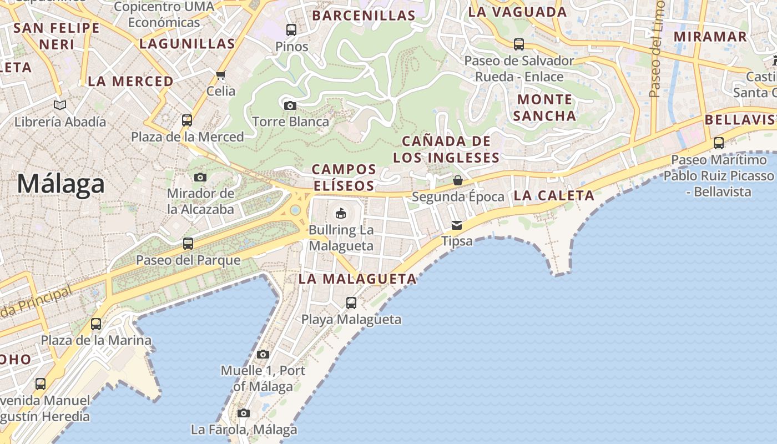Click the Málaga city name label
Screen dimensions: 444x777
60,184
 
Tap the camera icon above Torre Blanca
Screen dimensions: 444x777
290,105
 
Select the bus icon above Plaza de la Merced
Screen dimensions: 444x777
187,120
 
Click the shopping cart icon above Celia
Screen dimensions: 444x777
221,75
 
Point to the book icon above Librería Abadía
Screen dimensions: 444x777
60,105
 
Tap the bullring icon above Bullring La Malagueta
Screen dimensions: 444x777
341,213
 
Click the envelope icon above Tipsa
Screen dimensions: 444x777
457,225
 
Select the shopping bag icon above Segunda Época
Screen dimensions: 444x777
458,180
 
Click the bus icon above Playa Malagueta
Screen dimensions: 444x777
351,302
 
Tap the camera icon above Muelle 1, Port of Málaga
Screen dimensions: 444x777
263,354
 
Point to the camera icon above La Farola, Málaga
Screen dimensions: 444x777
244,413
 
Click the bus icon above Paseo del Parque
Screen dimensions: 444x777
188,243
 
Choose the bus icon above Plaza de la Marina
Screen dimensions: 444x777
96,324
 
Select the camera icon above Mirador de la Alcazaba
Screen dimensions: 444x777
200,177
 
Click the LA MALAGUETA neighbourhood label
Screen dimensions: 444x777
357,279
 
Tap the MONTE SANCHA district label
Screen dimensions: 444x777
544,108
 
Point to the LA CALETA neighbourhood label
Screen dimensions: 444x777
554,195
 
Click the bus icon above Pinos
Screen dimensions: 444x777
291,29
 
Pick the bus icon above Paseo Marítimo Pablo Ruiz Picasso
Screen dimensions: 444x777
719,143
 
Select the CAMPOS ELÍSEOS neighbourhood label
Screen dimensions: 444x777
344,177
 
